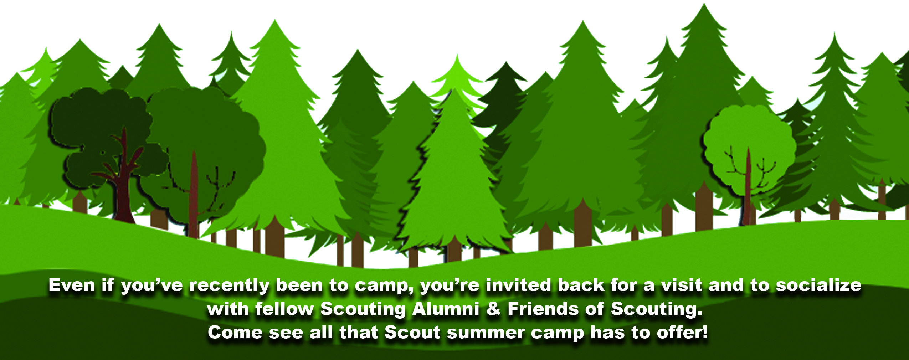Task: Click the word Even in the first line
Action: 72,285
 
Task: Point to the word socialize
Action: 819,285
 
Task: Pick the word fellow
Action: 284,309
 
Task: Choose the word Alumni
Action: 446,309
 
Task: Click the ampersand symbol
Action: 493,309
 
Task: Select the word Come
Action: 235,333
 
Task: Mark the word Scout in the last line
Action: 413,333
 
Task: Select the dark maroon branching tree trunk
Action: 123,178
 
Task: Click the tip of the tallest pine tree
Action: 704,4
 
